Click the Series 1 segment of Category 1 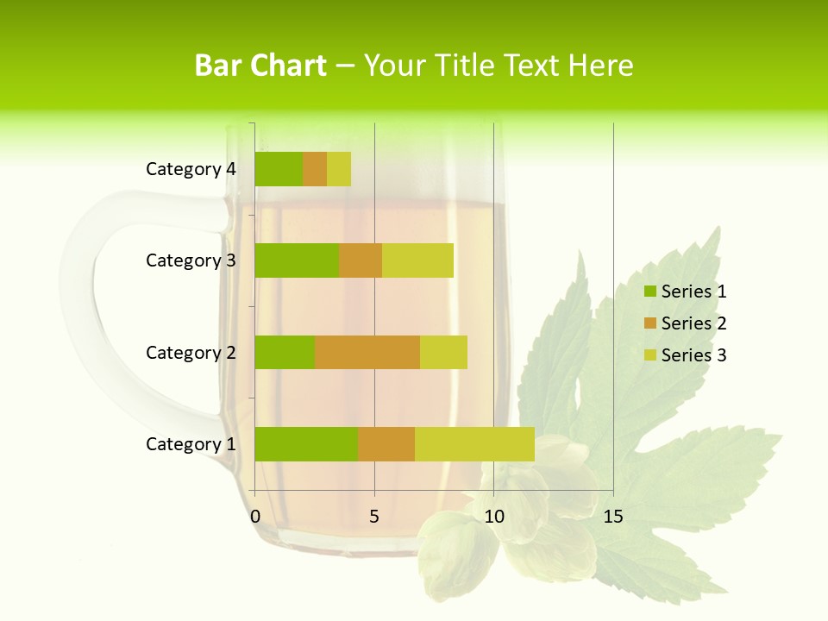coord(306,444)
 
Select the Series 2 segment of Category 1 coord(386,444)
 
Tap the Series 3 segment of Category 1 coord(474,444)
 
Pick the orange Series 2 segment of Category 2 coord(367,352)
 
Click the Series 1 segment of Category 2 coord(285,352)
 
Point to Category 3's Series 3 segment coord(417,260)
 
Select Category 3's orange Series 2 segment coord(361,260)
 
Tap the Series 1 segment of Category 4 coord(279,169)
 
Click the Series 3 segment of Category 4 coord(339,169)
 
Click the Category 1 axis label coord(191,444)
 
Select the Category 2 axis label coord(191,353)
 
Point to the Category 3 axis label coord(191,260)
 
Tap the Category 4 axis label coord(191,169)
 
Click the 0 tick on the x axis coord(255,517)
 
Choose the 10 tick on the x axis coord(493,517)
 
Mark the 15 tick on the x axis coord(612,517)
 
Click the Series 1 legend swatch coord(649,292)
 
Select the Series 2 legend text coord(693,323)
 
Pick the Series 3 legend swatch coord(649,355)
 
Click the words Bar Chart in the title coord(260,66)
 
